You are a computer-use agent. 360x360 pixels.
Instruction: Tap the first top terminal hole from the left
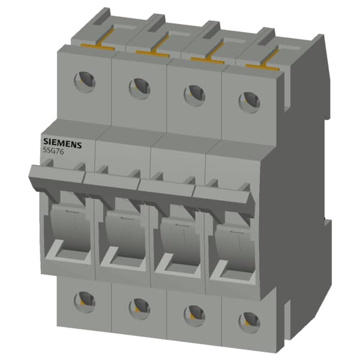click(x=86, y=82)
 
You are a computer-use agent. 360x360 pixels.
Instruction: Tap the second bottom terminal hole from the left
click(x=139, y=307)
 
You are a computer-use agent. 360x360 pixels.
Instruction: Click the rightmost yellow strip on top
click(x=265, y=65)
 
